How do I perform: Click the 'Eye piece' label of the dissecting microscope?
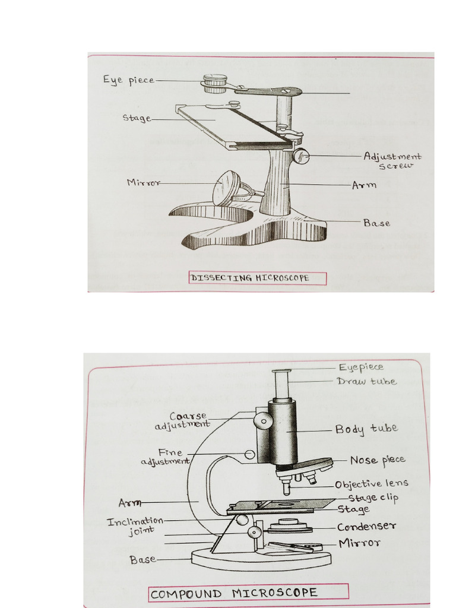[128, 80]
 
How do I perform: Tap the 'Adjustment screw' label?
[392, 161]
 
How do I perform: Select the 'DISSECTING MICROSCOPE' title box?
[258, 278]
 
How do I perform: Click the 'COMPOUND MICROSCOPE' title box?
[248, 593]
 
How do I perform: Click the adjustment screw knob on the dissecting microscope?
[301, 156]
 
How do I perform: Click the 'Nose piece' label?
[377, 460]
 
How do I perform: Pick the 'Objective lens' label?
[371, 484]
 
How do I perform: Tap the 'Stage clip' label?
[373, 498]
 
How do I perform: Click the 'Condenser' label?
[366, 527]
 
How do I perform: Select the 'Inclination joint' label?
[135, 526]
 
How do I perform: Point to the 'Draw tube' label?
[366, 381]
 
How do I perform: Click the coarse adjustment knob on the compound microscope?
[263, 420]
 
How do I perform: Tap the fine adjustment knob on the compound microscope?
[250, 455]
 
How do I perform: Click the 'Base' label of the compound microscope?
[142, 559]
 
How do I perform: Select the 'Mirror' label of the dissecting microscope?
[143, 183]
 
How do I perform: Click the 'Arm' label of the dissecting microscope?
[364, 185]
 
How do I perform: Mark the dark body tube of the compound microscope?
[283, 432]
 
